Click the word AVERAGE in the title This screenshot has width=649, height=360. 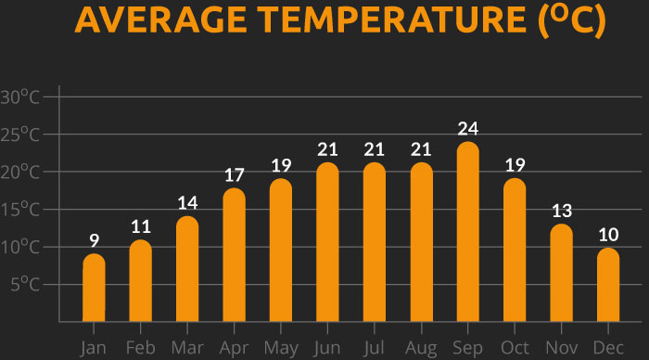click(146, 20)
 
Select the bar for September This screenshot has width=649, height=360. click(468, 232)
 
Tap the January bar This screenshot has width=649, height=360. click(94, 288)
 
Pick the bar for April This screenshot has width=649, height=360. click(234, 255)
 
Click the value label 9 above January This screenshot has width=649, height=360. click(94, 241)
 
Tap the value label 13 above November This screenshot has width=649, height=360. click(562, 212)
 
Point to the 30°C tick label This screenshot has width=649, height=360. click(20, 96)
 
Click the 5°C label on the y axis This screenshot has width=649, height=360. click(24, 284)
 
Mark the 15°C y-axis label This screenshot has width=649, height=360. click(20, 209)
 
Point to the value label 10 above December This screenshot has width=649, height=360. click(608, 235)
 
